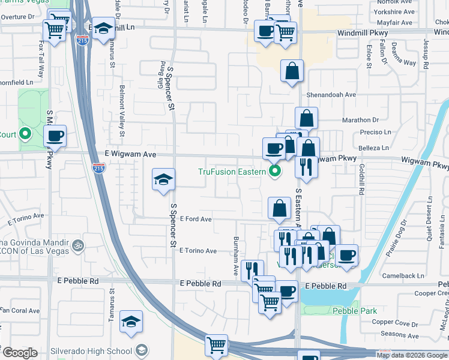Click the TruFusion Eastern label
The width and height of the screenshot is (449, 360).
[232, 172]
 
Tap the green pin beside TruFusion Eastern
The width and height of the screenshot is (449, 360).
[276, 172]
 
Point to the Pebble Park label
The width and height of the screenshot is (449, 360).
[356, 311]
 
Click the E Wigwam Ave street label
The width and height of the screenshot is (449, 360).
[131, 154]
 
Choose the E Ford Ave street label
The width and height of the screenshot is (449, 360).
[196, 220]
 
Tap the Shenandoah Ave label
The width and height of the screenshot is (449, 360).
[332, 95]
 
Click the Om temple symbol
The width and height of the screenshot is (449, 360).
[77, 245]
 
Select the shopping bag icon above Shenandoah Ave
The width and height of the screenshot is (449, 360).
[292, 71]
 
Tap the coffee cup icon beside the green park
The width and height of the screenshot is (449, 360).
[55, 136]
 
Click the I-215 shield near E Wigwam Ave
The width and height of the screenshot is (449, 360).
[99, 168]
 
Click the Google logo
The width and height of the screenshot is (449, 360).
[19, 353]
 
